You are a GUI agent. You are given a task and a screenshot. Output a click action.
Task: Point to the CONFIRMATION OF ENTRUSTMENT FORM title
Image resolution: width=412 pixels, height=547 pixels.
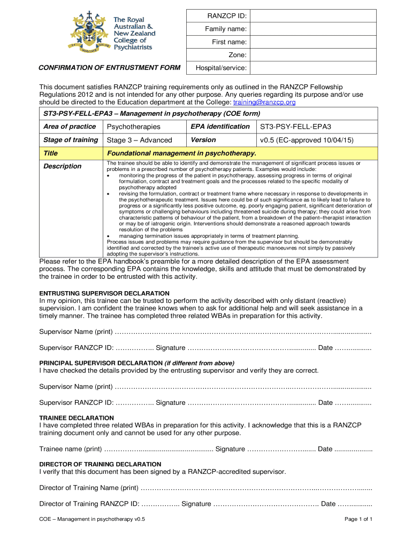tap(109, 68)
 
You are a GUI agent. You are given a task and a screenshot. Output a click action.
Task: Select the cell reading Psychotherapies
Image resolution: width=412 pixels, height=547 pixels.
tap(133, 127)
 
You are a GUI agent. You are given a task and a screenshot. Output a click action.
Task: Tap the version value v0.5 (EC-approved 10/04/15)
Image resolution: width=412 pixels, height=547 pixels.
tap(307, 140)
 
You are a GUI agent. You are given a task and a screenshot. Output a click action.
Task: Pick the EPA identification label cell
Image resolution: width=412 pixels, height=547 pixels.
tap(220, 127)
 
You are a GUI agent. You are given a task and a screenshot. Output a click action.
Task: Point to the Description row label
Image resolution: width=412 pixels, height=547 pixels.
tap(62, 166)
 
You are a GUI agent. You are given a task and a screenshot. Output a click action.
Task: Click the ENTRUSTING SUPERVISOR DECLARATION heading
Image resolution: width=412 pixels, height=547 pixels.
tap(105, 293)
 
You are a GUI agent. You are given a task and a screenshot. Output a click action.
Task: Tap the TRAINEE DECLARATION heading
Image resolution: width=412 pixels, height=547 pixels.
tap(77, 418)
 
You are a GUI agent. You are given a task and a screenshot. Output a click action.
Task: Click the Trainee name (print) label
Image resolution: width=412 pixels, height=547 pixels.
tap(71, 449)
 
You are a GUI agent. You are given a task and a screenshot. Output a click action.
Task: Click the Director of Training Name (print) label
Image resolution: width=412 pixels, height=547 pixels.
tap(89, 488)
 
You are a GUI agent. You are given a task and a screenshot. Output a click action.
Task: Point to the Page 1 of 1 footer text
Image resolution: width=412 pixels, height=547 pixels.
tap(358, 519)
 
